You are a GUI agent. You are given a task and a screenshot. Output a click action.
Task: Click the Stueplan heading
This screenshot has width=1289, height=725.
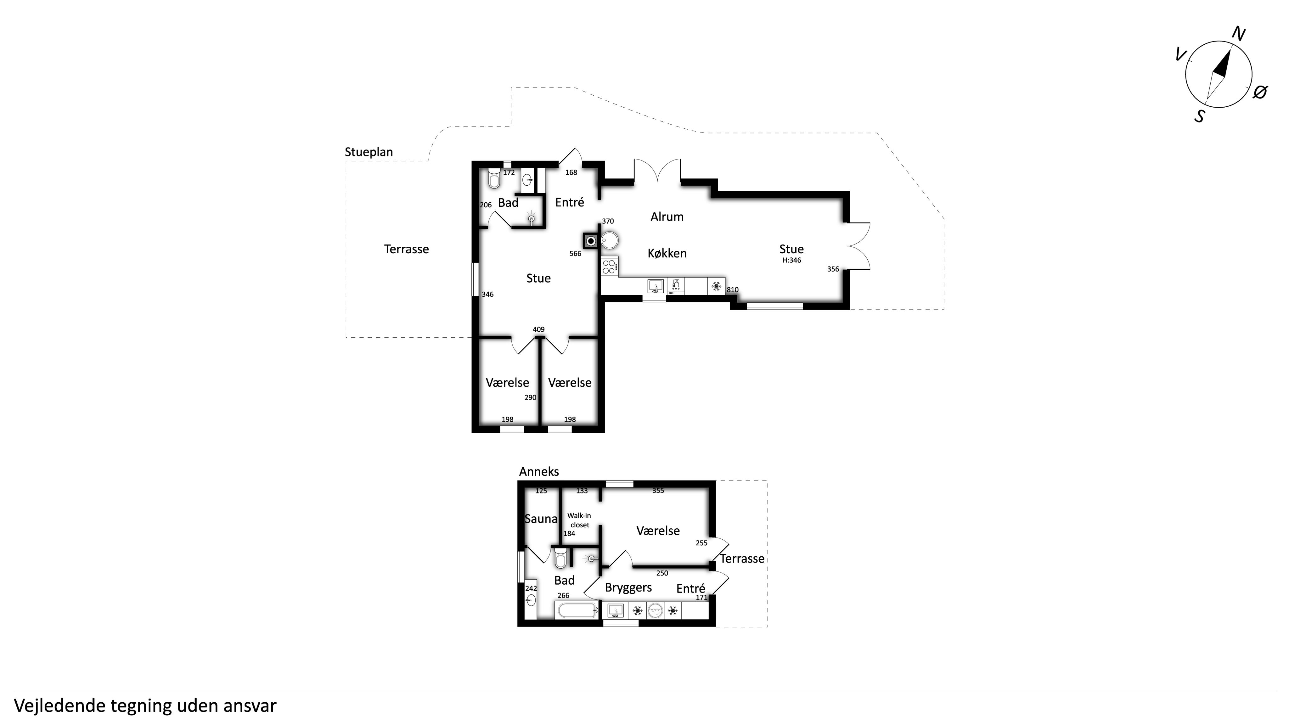pos(369,152)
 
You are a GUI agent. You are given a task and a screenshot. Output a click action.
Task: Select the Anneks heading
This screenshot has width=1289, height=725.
pos(539,471)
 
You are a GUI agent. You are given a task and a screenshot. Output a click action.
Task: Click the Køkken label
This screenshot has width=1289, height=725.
pos(667,253)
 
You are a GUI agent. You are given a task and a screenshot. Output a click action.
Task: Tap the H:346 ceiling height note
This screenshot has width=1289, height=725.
pos(791,260)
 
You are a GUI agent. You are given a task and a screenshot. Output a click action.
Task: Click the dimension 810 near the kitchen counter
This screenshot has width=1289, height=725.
pos(733,290)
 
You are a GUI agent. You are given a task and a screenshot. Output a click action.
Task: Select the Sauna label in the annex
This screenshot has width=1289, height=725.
pos(541,519)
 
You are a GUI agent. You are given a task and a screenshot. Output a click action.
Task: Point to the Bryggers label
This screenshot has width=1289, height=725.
pos(628,588)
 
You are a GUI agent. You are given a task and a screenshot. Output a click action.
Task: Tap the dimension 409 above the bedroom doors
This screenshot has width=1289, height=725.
pos(538,329)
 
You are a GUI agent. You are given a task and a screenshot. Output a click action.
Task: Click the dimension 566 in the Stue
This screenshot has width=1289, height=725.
pos(576,254)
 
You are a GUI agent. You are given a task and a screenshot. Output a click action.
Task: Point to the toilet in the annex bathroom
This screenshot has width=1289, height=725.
pos(560,558)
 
